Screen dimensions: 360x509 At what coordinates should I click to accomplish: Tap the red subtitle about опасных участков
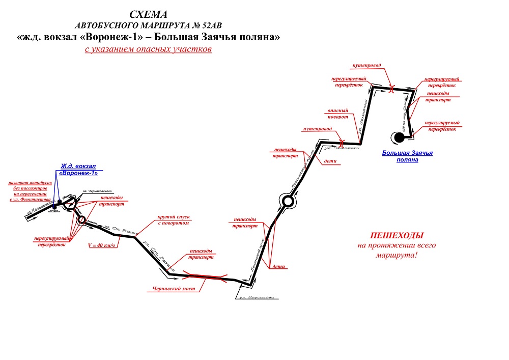point(148,50)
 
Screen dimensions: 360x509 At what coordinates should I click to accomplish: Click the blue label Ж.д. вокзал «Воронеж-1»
point(78,170)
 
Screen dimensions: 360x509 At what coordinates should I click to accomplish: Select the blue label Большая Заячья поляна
point(407,156)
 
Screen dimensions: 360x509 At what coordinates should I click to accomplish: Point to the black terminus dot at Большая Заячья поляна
point(397,136)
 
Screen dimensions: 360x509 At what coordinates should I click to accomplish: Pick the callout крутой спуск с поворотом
point(174,220)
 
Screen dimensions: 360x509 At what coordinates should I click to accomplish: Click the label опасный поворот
point(338,114)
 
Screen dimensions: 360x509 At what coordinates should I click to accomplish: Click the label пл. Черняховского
point(97,191)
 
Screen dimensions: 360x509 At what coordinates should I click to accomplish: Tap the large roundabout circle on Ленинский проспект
point(287,202)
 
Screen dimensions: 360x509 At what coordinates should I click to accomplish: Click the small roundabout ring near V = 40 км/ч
point(81,220)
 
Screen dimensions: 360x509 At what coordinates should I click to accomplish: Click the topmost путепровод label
point(367,66)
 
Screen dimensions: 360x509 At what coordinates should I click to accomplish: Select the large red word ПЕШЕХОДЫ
point(397,236)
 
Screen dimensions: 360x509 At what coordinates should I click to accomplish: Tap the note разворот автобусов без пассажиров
point(30,191)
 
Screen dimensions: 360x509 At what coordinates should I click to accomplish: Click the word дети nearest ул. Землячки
point(330,161)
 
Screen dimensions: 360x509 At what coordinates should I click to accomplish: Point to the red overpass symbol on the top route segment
point(391,89)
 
